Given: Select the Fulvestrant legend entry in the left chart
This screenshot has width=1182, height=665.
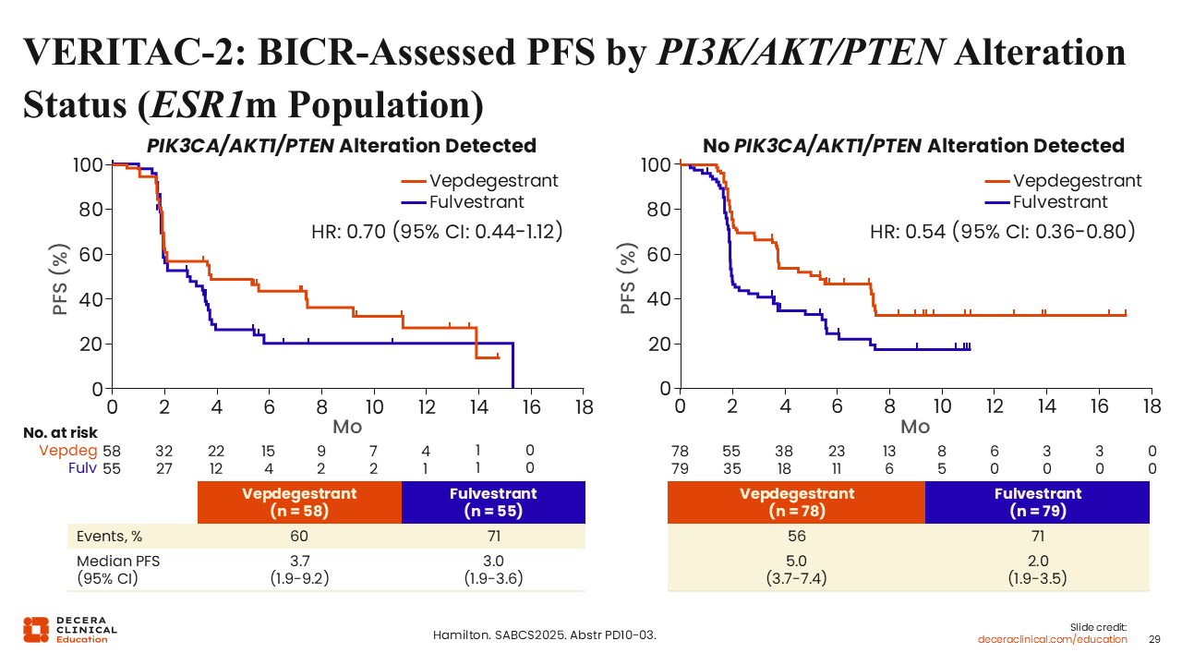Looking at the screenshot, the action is pos(463,202).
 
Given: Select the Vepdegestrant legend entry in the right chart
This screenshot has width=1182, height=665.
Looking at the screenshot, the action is pos(1063,181).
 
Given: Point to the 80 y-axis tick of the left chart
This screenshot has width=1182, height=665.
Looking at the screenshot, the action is pos(90,210).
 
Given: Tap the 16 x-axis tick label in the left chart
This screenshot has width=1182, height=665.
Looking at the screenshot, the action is pos(531,407).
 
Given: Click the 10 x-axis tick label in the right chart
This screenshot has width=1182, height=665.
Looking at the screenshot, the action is pos(942,406).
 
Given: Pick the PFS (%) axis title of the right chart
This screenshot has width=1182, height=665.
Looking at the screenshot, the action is pos(627,279).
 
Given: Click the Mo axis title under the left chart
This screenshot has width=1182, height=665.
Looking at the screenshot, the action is pos(347,427).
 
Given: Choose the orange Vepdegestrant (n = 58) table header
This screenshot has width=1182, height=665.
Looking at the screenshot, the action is pos(299,502).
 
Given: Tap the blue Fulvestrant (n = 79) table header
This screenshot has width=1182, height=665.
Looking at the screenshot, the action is pos(1037,502).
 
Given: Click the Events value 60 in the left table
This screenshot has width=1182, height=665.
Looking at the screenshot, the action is pos(298,537).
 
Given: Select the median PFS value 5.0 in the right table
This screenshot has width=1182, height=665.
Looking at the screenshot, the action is pos(796,561).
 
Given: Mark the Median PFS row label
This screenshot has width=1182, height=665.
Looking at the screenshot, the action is pos(118,570).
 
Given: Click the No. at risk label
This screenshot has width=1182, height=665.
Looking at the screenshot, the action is pos(60,433).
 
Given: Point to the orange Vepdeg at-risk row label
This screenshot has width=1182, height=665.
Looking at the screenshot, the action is pos(68,451).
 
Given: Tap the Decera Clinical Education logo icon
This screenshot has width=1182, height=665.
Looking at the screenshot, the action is pos(36,630).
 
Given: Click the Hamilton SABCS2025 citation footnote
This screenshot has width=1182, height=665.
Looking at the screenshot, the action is pos(545,635).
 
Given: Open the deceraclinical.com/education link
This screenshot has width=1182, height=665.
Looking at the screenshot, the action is pos(1052,640).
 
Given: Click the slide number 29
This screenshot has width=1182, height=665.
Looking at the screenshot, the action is pos(1154,640).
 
